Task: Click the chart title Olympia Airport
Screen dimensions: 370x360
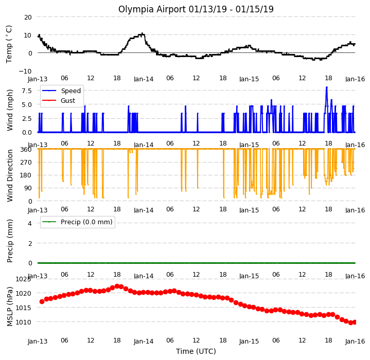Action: point(152,9)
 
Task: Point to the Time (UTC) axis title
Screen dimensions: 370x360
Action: point(196,351)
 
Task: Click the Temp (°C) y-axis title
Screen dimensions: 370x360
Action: point(9,44)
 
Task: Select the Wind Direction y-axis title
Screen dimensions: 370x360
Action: point(10,175)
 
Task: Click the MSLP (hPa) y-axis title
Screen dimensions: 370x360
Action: point(10,307)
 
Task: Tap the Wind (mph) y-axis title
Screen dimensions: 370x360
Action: point(10,110)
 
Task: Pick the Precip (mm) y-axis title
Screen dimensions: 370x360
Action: point(10,241)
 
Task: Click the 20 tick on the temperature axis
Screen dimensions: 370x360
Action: point(28,17)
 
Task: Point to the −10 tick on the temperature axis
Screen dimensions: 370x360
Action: point(25,71)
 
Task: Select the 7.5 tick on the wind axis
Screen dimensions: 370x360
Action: point(27,91)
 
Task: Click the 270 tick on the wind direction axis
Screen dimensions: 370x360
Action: point(26,162)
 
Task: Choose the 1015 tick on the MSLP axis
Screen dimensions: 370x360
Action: point(23,308)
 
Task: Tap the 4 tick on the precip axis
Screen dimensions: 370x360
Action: point(30,223)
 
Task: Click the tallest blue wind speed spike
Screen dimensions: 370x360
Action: point(327,87)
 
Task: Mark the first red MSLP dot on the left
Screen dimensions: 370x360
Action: point(42,301)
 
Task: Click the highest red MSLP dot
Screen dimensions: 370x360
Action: point(117,286)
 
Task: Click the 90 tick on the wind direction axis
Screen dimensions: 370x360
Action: point(28,188)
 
